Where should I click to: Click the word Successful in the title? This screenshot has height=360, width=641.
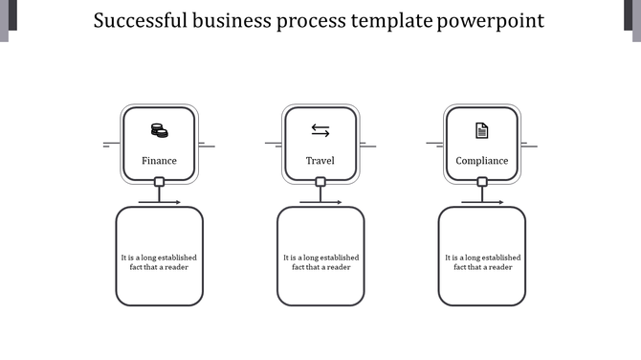[143, 20]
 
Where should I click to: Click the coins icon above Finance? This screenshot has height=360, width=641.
[159, 130]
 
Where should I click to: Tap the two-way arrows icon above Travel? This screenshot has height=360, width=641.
[320, 130]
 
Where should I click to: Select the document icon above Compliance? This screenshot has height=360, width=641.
[482, 130]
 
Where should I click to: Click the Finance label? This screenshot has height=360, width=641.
[159, 161]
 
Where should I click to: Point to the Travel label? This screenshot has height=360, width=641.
[320, 161]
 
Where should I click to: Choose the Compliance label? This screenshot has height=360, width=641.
[482, 161]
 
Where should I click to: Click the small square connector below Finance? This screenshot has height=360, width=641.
[159, 182]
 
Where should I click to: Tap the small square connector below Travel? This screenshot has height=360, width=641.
[320, 182]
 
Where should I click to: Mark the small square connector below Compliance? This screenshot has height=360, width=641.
[482, 182]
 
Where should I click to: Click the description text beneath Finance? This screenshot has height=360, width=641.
[159, 262]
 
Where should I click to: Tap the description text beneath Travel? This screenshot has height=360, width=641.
[320, 262]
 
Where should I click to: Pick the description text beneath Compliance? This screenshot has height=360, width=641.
[482, 262]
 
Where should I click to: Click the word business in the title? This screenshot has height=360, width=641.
[232, 20]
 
